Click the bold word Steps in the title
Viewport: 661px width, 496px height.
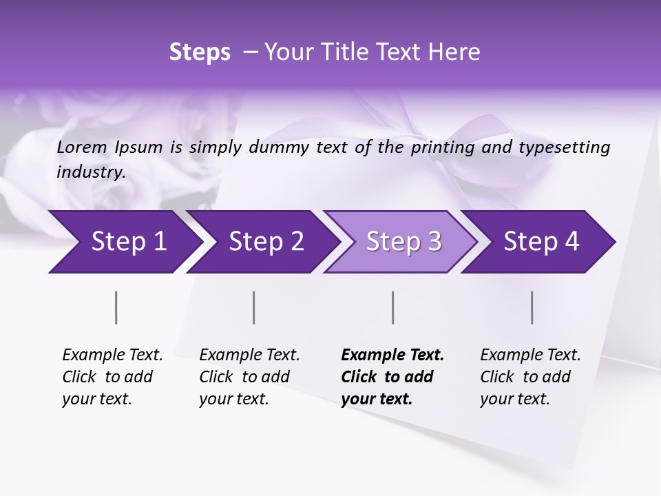click(x=200, y=52)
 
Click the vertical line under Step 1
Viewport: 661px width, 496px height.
click(x=116, y=307)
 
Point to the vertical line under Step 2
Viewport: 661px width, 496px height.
click(x=254, y=307)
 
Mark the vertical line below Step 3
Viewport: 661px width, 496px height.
click(x=393, y=307)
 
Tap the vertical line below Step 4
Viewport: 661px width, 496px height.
click(x=532, y=307)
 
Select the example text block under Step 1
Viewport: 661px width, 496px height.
click(x=112, y=377)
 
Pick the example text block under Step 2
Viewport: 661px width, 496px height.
click(x=249, y=377)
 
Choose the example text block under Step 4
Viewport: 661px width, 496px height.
click(x=529, y=377)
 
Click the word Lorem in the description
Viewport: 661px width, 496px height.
click(x=82, y=147)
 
